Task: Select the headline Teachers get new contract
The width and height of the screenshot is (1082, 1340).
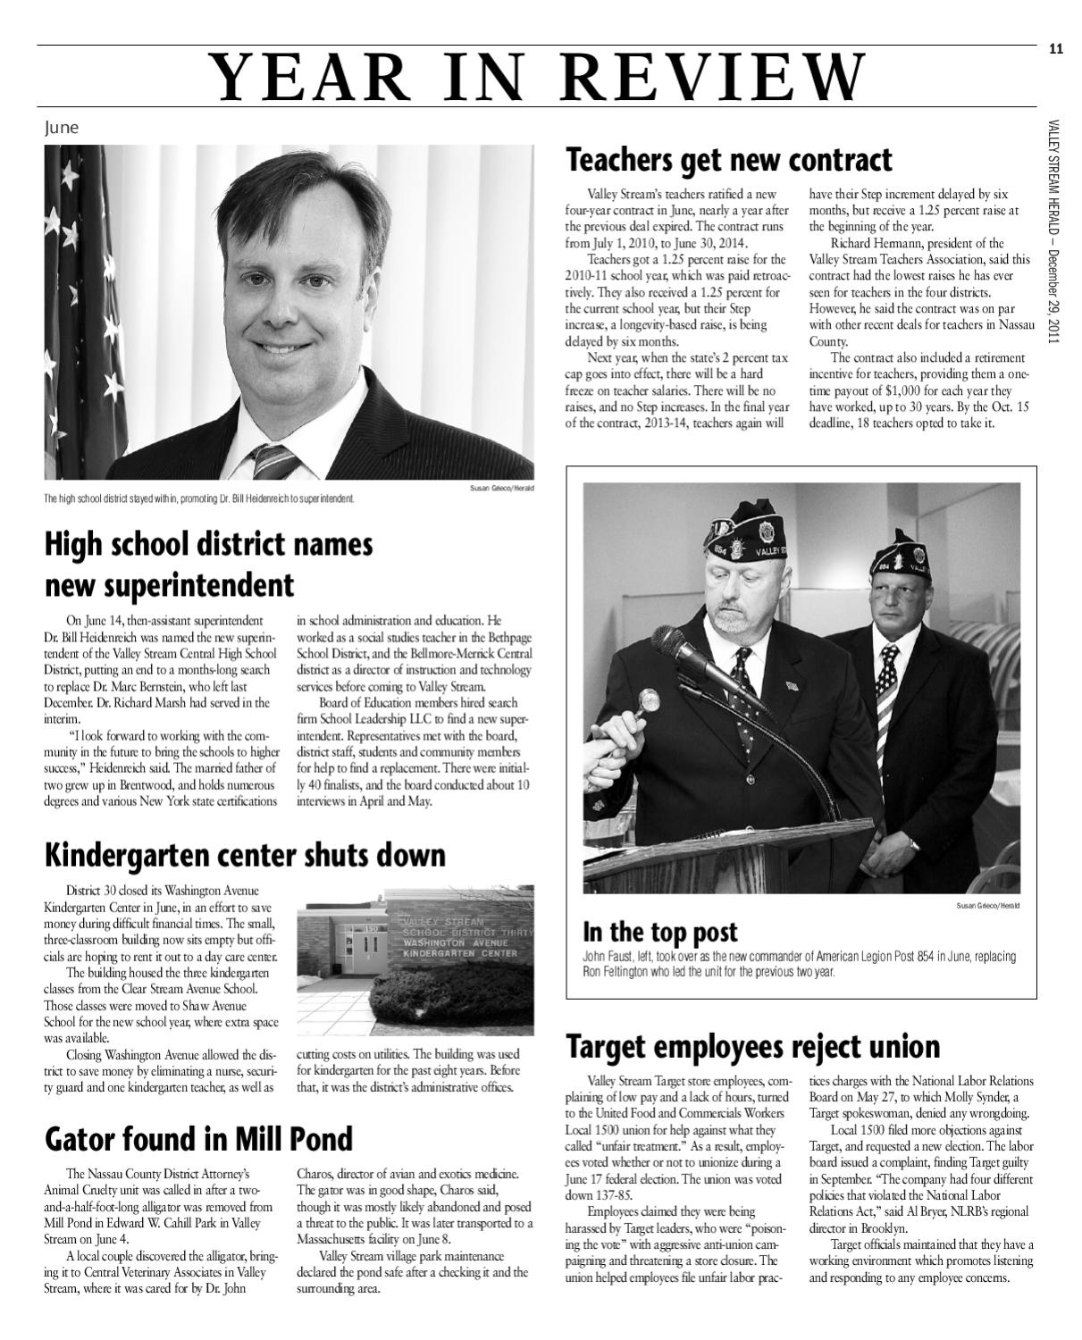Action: click(x=728, y=161)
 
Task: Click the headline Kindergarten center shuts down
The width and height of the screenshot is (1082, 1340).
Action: click(x=245, y=855)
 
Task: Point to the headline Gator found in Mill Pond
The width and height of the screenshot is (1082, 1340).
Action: click(x=198, y=1139)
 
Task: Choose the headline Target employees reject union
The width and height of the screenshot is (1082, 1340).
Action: click(x=752, y=1046)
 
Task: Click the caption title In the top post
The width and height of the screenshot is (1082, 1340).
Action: click(x=659, y=933)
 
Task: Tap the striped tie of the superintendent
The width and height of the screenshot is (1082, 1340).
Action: click(x=273, y=460)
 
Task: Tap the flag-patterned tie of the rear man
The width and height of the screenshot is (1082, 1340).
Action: click(x=885, y=697)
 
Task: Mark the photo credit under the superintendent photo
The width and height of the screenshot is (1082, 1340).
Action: click(x=500, y=488)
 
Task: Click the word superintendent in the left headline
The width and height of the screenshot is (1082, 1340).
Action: click(x=169, y=586)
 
